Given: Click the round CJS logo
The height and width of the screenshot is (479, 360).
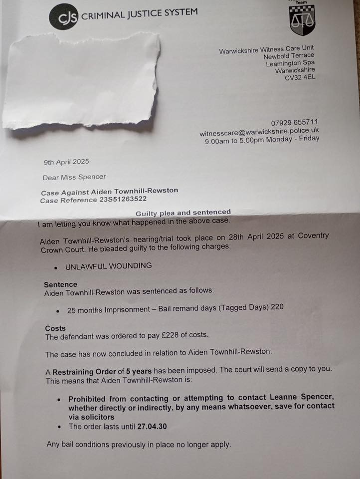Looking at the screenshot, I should [x=63, y=16].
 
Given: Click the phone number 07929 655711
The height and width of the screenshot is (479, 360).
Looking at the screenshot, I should [x=295, y=123].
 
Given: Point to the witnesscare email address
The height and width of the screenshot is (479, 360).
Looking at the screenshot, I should [x=259, y=132].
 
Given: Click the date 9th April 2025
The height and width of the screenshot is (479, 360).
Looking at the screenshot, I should [x=67, y=162].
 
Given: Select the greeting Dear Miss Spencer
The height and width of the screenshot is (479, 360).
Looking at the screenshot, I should [x=74, y=177].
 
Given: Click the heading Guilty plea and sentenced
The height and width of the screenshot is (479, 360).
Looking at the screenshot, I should [x=183, y=213].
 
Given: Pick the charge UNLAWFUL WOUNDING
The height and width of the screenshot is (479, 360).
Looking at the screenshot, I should [x=108, y=266].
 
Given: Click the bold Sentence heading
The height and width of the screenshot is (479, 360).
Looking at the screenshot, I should [x=60, y=285].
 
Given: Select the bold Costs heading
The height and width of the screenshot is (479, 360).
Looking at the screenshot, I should [x=55, y=328].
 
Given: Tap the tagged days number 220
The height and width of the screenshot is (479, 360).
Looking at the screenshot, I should [x=277, y=307].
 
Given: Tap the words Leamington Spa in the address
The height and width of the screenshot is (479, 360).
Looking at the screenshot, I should [x=290, y=63].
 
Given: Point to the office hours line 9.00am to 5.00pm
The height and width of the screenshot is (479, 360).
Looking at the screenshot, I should [x=262, y=139].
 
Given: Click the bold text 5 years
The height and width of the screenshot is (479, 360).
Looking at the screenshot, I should [x=138, y=372].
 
